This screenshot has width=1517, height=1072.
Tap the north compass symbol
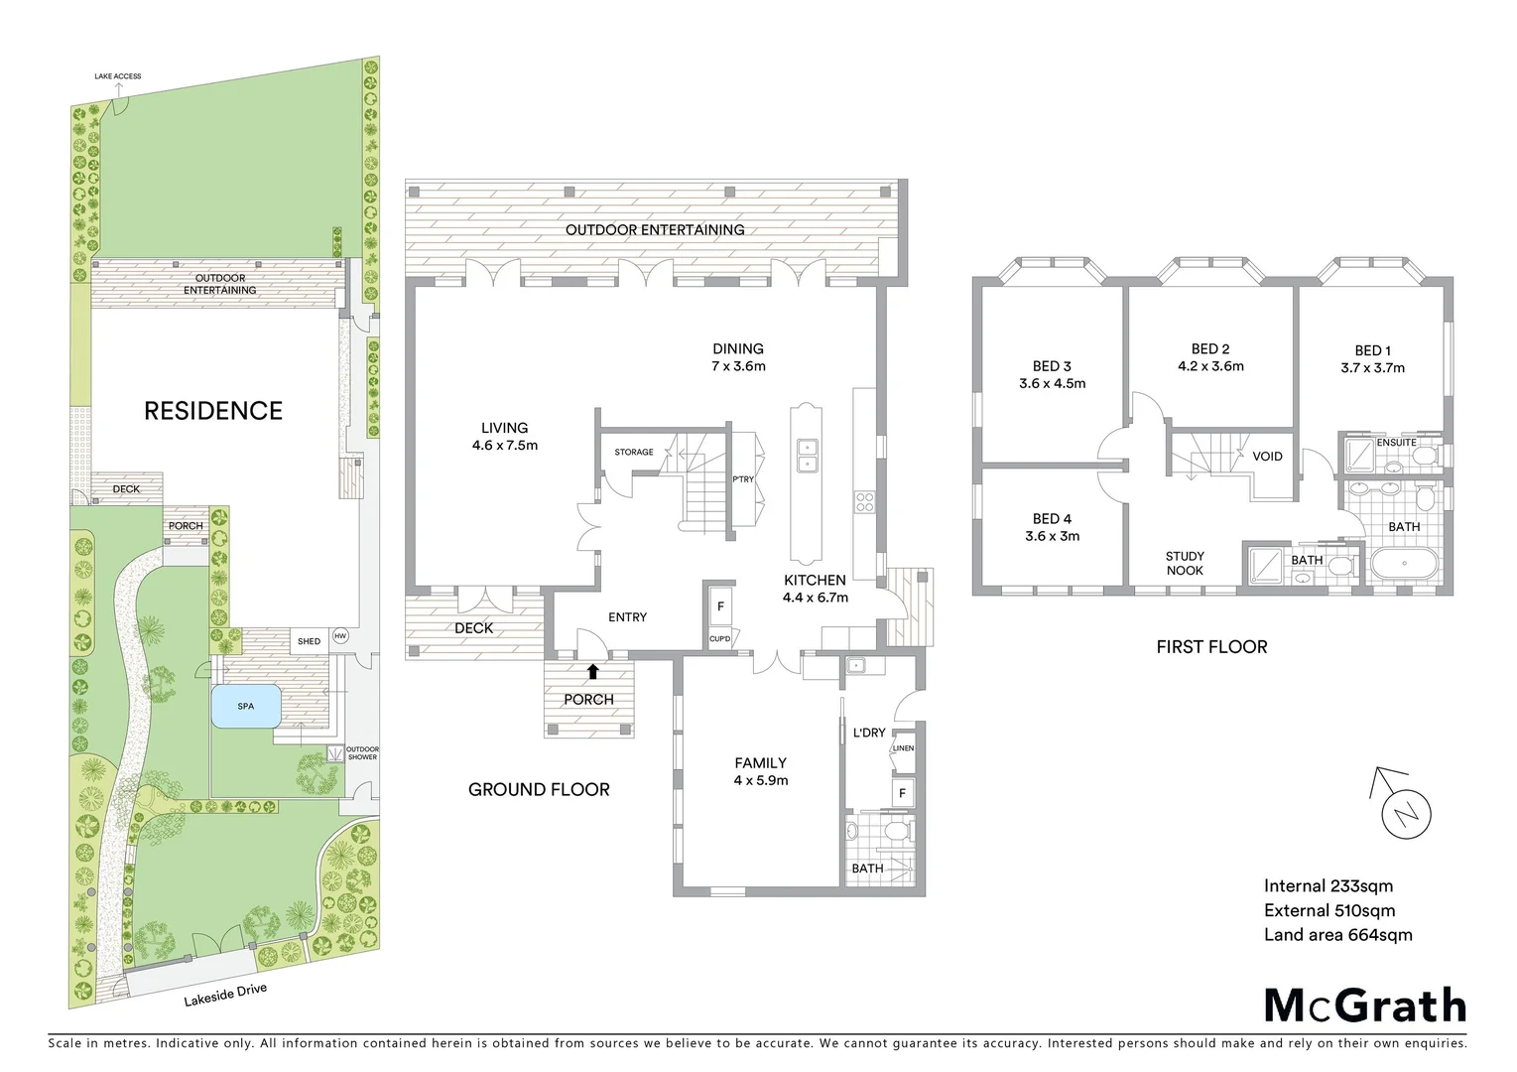(x=1406, y=814)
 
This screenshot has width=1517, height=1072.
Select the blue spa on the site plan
(x=245, y=707)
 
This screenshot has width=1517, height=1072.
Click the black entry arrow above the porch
(x=592, y=671)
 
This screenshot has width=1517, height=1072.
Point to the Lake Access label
(x=117, y=75)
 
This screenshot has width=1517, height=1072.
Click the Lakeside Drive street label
(x=225, y=995)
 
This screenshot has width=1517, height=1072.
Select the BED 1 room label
(x=1372, y=350)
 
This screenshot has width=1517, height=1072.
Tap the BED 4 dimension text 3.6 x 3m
(x=1052, y=536)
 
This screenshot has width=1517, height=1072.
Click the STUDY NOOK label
(x=1185, y=563)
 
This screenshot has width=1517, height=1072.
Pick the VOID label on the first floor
(x=1267, y=457)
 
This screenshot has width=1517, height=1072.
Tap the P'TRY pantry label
(x=743, y=479)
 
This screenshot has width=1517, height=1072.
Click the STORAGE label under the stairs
(x=634, y=452)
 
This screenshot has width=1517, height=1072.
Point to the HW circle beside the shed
(x=340, y=636)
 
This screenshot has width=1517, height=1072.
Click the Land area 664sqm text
(x=1337, y=934)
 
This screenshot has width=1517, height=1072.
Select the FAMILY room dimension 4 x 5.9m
(x=760, y=780)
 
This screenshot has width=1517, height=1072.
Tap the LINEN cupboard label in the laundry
(x=903, y=748)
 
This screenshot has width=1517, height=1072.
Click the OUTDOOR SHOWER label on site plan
(x=362, y=752)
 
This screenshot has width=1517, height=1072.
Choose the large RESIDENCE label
(x=213, y=411)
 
